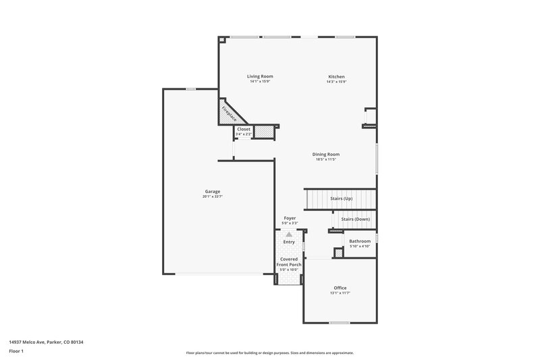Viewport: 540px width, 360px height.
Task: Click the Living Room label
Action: click(260, 76)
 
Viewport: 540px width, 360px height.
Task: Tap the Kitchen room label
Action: click(337, 76)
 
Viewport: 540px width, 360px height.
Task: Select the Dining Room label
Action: click(325, 154)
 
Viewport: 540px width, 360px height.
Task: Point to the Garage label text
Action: click(213, 191)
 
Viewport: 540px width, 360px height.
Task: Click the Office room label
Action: click(340, 288)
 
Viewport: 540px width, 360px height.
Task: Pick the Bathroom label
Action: click(359, 241)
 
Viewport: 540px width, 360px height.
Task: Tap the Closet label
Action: click(244, 129)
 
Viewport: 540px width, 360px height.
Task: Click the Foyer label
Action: click(290, 218)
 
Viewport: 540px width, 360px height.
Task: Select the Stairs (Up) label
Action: click(341, 199)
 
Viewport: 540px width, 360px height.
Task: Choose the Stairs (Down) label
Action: click(355, 220)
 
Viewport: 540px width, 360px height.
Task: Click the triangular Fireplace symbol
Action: click(227, 111)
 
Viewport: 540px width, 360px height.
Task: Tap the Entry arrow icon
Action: click(289, 233)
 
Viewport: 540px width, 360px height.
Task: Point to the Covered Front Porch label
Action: click(289, 261)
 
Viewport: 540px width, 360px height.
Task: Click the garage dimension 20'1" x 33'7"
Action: click(213, 197)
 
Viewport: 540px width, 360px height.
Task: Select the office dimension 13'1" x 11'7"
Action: click(340, 293)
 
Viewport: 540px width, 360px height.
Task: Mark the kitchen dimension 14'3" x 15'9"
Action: click(337, 82)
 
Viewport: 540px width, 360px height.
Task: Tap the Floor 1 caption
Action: click(17, 352)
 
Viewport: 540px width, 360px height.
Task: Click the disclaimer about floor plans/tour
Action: click(269, 353)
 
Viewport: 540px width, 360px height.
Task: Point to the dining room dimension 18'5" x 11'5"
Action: click(325, 159)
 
